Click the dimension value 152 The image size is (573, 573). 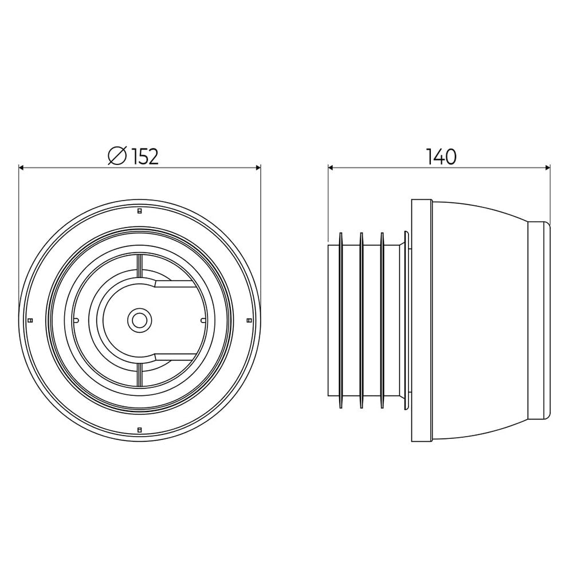click(x=145, y=157)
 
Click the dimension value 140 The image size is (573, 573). click(x=441, y=157)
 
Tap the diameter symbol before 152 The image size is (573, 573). click(x=117, y=156)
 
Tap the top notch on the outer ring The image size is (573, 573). click(x=139, y=211)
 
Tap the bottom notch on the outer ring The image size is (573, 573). click(x=139, y=430)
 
